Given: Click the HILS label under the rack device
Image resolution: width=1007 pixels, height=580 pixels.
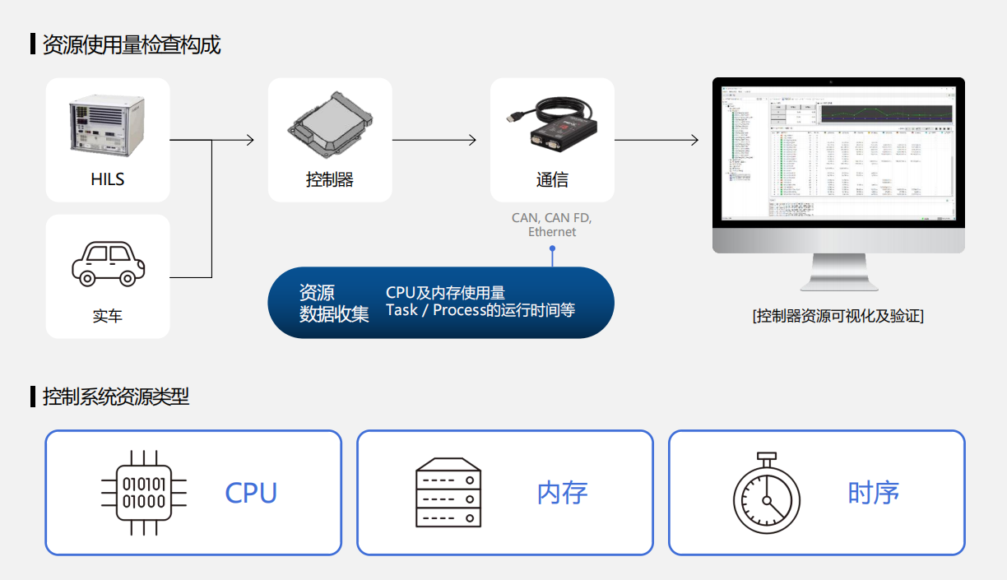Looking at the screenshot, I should click(x=108, y=179).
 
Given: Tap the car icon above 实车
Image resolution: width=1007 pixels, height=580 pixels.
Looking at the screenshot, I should click(x=108, y=263).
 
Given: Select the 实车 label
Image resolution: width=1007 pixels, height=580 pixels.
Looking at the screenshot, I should click(x=108, y=316).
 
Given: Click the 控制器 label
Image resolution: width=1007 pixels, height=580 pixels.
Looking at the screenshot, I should click(x=330, y=179).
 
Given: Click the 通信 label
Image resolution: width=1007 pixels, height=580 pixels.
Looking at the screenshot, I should click(x=552, y=179).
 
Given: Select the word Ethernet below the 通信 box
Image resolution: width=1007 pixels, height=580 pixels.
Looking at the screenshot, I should click(x=552, y=232).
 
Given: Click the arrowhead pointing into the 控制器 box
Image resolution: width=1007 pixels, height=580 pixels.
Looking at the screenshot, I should click(x=250, y=140).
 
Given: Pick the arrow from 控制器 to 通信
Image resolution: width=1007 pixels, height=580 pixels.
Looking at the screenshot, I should click(x=434, y=140).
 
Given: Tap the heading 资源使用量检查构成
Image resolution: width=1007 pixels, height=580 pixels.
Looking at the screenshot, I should click(x=132, y=44).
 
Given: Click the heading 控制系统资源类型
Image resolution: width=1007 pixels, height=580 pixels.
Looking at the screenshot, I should click(x=116, y=397).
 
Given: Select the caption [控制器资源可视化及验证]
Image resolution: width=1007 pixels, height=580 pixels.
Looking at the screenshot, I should click(x=838, y=315).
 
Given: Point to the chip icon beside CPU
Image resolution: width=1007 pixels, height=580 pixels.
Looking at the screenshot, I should click(x=143, y=493).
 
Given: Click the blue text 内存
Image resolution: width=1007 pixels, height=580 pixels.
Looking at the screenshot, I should click(x=562, y=493).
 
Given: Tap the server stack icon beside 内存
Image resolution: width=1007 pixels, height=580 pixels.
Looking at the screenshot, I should click(x=448, y=493).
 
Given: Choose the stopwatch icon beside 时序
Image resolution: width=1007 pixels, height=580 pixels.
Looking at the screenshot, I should click(x=766, y=493).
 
